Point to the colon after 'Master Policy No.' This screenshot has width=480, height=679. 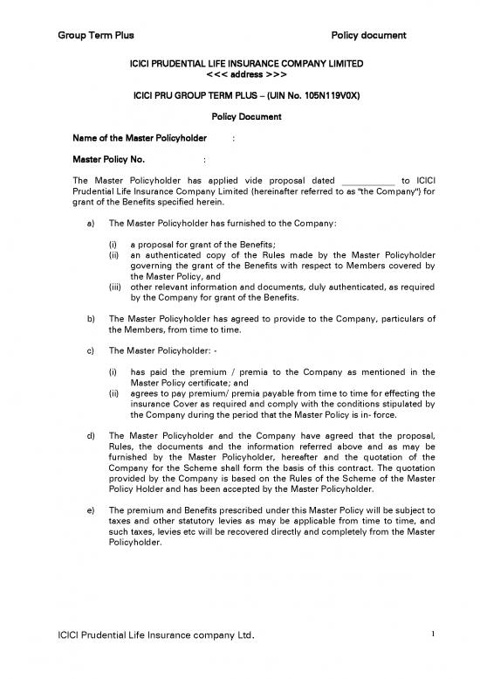203,160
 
